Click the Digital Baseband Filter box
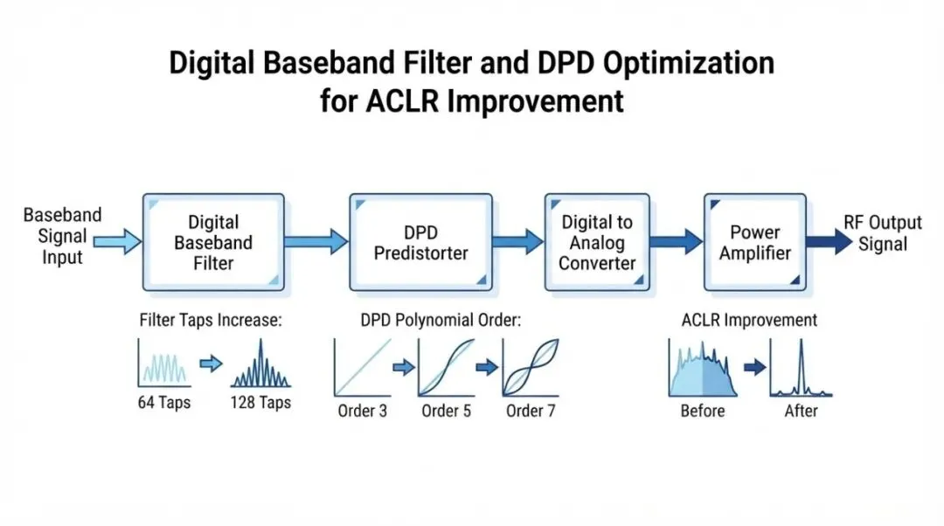point(213,242)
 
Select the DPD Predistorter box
point(420,242)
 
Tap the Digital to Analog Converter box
point(597,242)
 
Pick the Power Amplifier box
point(755,242)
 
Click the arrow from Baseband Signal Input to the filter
point(117,242)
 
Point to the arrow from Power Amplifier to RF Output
point(829,242)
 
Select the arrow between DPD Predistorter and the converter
point(518,242)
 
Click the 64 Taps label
point(163,402)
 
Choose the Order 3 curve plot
point(363,367)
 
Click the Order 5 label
point(446,411)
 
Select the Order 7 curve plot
point(531,367)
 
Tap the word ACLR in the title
point(402,100)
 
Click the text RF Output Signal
point(883,233)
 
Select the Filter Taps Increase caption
point(211,320)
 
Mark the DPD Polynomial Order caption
point(441,320)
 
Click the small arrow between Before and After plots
point(755,366)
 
